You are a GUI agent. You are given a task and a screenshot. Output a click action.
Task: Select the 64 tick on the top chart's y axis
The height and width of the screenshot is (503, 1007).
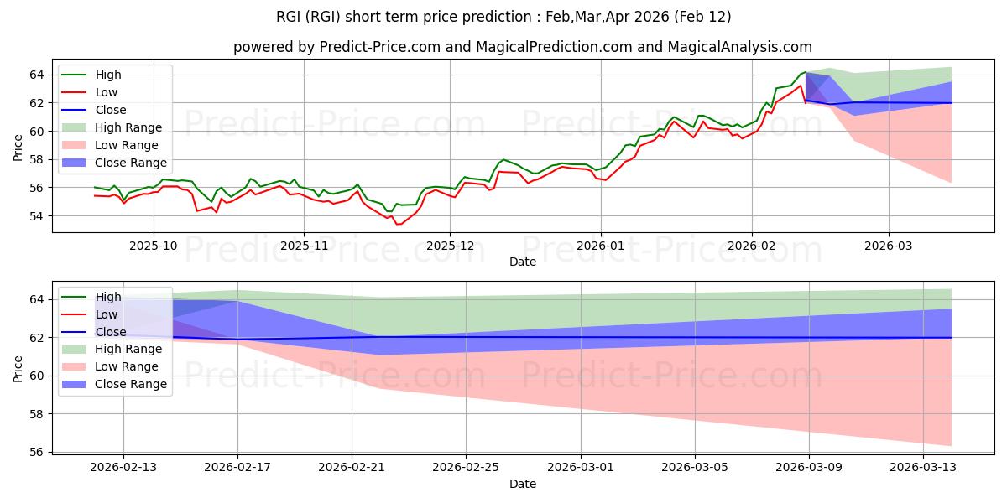37,75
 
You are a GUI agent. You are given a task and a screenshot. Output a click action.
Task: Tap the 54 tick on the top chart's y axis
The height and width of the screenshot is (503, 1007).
37,215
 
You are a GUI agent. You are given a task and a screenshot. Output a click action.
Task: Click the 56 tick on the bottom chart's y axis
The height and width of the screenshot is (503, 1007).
37,452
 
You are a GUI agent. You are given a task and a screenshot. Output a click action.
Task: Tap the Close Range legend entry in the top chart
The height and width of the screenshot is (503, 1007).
130,163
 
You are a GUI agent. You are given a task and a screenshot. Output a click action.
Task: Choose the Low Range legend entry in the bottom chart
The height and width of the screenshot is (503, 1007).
128,366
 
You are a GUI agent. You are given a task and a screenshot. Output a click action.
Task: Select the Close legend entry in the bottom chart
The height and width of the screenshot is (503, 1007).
111,331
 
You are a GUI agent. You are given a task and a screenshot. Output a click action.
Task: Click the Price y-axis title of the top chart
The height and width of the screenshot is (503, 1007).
18,146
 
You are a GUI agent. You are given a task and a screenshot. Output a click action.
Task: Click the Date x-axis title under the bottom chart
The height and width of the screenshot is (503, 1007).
522,484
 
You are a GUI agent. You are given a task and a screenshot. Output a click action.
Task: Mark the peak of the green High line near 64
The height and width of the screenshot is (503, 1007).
805,72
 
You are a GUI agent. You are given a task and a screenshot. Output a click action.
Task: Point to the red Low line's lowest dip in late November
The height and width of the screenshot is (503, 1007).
398,224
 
